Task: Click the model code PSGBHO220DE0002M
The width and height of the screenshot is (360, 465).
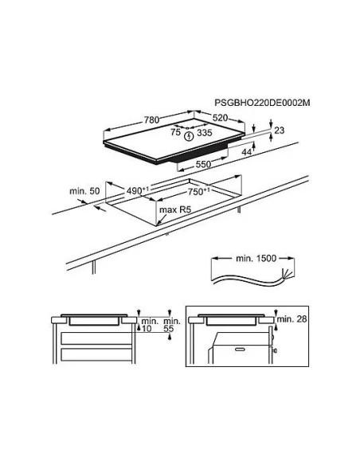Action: click(x=262, y=103)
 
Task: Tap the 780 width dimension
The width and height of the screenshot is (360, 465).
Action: click(x=151, y=119)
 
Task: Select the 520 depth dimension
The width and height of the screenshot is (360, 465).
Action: click(x=220, y=118)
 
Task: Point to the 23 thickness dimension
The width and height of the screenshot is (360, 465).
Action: click(x=280, y=131)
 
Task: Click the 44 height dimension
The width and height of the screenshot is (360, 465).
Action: click(x=247, y=152)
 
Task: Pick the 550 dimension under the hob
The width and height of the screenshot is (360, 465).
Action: click(x=203, y=164)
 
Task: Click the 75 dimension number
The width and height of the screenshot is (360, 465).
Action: click(x=175, y=132)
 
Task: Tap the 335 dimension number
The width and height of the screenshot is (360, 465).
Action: click(x=205, y=132)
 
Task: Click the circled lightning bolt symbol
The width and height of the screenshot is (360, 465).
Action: click(x=188, y=137)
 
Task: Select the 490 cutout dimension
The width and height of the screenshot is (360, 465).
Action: click(x=137, y=190)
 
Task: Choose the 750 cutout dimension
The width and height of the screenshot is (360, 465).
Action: click(x=198, y=192)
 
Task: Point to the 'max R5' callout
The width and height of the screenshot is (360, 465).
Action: click(x=175, y=209)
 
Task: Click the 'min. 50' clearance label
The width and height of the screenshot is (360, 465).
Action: click(x=84, y=191)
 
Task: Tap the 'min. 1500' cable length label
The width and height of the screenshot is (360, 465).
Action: click(x=256, y=258)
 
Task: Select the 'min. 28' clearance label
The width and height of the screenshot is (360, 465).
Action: click(x=292, y=319)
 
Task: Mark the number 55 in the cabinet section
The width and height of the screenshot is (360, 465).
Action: click(x=168, y=329)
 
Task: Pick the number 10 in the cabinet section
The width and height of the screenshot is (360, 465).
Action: click(x=147, y=329)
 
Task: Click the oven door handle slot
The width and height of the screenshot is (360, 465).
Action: click(x=240, y=350)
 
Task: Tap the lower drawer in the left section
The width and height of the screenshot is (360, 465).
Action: click(x=96, y=354)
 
